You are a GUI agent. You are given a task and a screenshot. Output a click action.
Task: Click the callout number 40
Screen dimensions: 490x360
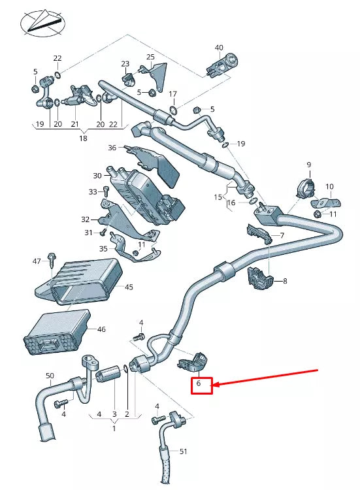pos(219,47)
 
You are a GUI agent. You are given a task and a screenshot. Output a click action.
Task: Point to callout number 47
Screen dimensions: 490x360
pos(37,261)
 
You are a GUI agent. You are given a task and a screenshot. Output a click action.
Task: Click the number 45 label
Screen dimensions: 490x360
pos(129,287)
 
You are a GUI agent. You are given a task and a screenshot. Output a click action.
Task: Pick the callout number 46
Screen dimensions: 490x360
pos(101,331)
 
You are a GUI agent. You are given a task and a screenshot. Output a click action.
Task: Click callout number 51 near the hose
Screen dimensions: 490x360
pos(183,451)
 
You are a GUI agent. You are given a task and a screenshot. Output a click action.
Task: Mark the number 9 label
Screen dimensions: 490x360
pos(308,165)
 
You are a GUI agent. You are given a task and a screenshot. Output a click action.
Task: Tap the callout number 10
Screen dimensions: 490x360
pos(329,187)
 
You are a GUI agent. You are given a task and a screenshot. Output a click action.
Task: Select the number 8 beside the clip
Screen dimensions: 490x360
pos(284,281)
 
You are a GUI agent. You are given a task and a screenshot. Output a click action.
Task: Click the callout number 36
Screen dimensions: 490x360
pos(112,148)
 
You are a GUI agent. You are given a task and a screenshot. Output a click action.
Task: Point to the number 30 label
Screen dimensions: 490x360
pos(97,176)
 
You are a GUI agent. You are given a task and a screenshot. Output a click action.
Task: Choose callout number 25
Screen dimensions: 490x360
pos(150,57)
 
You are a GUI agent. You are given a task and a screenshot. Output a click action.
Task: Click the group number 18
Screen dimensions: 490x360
pos(83,139)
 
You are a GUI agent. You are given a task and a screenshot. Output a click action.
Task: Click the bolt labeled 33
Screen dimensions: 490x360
pos(105,191)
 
